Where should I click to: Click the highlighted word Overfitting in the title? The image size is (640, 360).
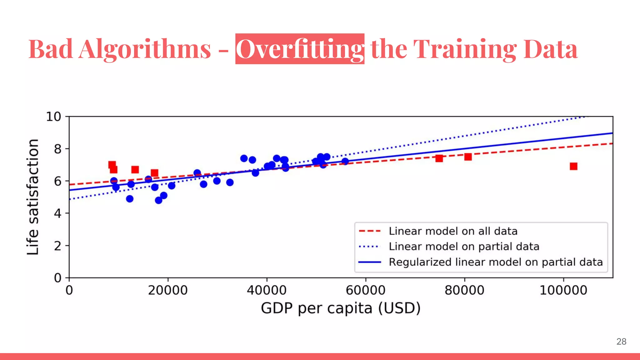pos(300,49)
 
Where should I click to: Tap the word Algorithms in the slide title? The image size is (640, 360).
pos(145,49)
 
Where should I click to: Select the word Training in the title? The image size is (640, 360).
pos(465,49)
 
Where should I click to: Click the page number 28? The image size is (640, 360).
pos(621,342)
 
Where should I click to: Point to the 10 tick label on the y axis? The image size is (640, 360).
pos(53,117)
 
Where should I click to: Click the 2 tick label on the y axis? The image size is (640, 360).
pos(57,246)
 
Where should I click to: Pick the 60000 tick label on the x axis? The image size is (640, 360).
pos(365,290)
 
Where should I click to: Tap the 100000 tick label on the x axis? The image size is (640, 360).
pos(563,290)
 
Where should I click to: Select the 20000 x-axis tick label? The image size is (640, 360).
pos(167,290)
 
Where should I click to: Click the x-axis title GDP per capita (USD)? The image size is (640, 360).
pos(341,308)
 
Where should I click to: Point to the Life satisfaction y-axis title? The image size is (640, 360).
pos(33,197)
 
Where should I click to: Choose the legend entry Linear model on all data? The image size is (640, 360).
pos(453,231)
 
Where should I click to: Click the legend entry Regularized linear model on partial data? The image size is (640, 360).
pos(495,262)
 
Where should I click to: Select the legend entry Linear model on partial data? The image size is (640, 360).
pos(464,247)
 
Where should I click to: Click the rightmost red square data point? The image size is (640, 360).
pos(573,166)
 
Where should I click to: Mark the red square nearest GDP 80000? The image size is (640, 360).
pos(468,157)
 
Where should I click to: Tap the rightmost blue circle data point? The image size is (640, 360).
pos(345,161)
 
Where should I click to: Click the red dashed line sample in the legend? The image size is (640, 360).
pos(370,231)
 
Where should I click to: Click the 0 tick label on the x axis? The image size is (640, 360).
pos(69,290)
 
